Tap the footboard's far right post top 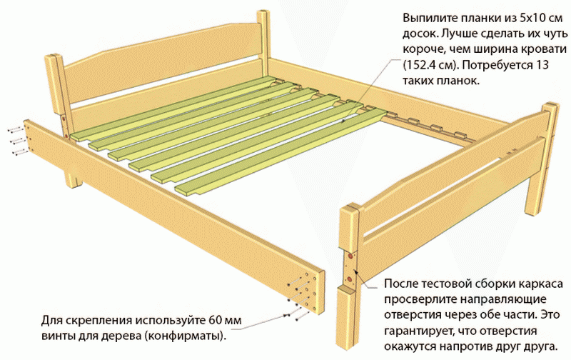[547, 109]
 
